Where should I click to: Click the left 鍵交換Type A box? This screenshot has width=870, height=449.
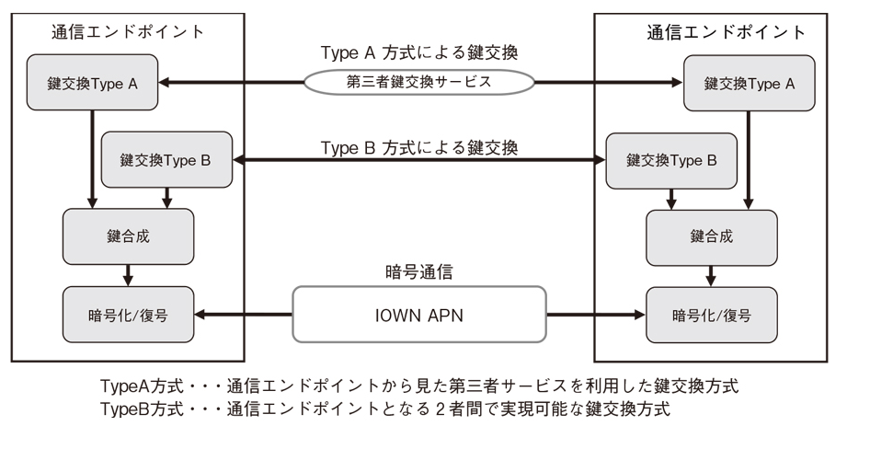92,84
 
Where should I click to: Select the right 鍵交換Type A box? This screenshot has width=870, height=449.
750,84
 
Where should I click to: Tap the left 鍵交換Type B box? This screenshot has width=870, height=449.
166,160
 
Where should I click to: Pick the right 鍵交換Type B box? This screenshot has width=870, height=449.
671,160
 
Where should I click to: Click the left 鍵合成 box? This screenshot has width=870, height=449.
128,236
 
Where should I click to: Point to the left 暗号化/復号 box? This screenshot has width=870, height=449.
128,314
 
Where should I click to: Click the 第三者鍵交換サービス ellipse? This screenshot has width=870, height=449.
419,82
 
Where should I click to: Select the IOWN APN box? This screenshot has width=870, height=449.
419,314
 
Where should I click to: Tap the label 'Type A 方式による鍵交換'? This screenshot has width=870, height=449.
419,52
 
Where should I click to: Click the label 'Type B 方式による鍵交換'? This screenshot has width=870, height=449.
419,147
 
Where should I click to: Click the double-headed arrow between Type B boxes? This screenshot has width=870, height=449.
419,161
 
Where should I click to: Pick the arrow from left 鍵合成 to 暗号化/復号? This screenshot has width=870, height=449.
128,274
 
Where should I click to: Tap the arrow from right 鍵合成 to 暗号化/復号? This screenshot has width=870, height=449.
711,274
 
